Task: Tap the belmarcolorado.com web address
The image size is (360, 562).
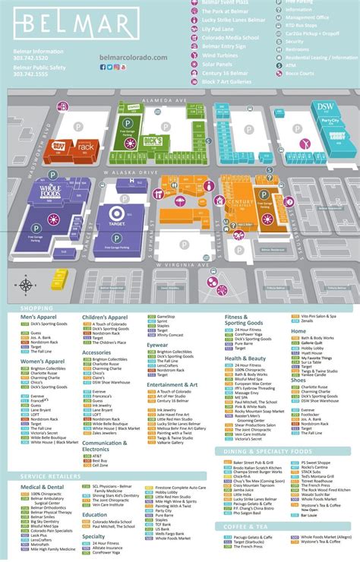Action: (133, 57)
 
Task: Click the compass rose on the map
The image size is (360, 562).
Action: (27, 285)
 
